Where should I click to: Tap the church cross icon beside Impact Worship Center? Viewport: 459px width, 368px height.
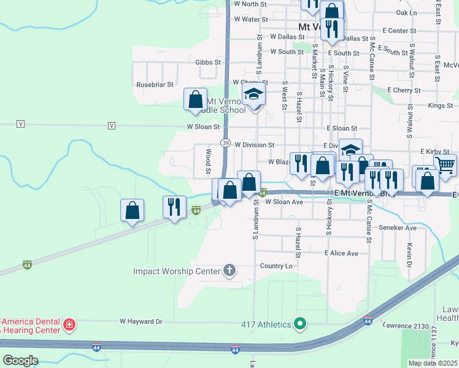coord(229,270)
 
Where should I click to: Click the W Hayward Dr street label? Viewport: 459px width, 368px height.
coord(141,321)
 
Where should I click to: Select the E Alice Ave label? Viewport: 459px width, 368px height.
coord(341,253)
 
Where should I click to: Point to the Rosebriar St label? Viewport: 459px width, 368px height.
coord(155,84)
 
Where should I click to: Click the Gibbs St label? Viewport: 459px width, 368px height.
coord(208,62)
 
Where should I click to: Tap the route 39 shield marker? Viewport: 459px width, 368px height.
coord(226,143)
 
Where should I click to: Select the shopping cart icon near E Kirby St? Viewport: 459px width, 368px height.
coord(445,164)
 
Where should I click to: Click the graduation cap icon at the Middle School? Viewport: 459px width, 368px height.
coord(253,94)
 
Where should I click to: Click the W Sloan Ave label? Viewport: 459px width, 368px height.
coord(284,202)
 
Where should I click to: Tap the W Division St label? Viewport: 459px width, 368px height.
coord(254,145)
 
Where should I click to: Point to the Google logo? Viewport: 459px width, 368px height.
coord(20,361)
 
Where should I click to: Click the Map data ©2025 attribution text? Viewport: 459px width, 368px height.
coord(433,363)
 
